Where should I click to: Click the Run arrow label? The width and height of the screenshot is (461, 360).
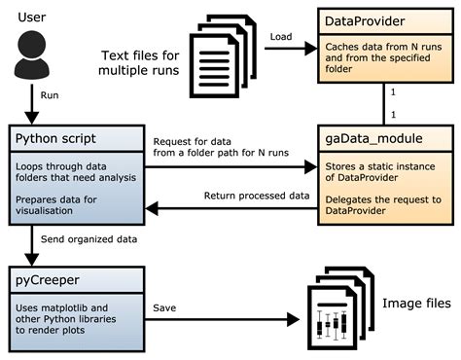point(49,95)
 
